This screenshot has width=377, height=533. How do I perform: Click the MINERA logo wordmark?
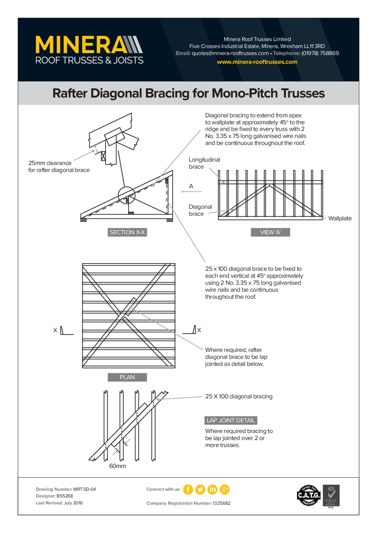88,45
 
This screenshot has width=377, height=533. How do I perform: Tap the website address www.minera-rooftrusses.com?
257,62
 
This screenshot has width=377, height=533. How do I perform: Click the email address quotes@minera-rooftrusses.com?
230,53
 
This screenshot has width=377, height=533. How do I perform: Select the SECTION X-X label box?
127,232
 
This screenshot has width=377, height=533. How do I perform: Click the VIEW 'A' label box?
270,232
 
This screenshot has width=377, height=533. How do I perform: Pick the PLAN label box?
127,377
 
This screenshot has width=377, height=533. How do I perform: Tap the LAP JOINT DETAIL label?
231,420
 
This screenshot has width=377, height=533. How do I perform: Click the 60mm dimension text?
117,466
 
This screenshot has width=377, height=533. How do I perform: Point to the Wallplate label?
340,218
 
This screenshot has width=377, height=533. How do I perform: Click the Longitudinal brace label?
204,163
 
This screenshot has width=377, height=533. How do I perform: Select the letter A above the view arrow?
191,186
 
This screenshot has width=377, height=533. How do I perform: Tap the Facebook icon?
188,489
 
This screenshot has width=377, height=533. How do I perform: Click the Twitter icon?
200,489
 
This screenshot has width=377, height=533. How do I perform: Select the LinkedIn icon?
212,489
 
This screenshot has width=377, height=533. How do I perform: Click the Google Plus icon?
224,489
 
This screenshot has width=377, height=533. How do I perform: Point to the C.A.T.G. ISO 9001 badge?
308,495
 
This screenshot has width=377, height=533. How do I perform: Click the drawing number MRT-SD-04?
84,489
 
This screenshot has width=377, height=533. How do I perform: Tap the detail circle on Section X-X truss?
126,195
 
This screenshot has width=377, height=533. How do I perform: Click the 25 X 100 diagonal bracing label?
239,396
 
